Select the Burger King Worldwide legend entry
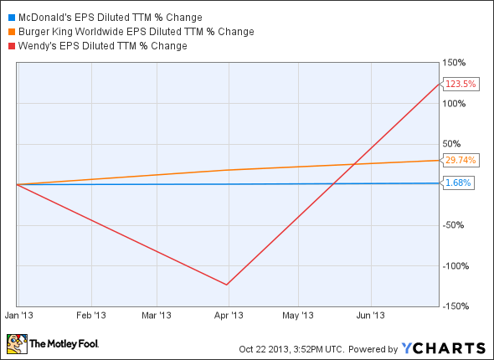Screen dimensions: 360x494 (134, 31)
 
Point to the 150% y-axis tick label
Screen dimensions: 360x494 (455, 63)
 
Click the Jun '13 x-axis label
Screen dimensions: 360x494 (371, 316)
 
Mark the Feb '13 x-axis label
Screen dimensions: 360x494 (90, 316)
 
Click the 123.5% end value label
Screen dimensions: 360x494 (460, 84)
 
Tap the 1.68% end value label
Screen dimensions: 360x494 (458, 183)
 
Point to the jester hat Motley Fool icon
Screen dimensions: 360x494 (16, 343)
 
